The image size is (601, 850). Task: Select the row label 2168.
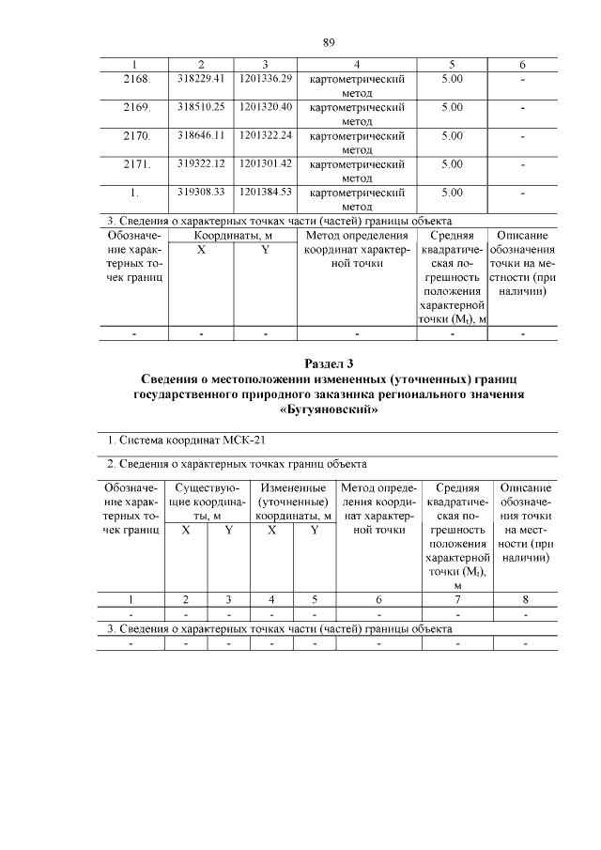137,80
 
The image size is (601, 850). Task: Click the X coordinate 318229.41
201,80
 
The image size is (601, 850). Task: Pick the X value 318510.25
201,108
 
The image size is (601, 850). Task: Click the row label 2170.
137,136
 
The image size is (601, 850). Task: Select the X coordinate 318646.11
201,136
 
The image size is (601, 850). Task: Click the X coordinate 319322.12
201,164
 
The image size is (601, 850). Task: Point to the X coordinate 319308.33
201,193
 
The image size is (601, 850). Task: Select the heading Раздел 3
329,363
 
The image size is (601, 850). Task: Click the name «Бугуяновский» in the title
329,409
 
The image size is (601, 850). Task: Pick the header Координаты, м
233,236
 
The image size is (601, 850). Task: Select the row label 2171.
137,164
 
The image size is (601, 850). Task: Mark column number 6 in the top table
522,65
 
